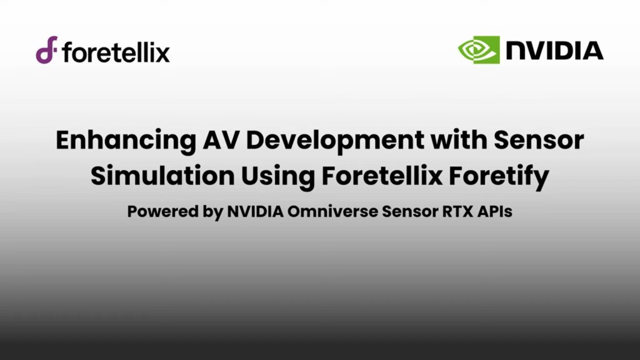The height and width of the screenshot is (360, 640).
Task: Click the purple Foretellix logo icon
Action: click(x=46, y=50)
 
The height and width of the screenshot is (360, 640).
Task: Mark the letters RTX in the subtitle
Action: click(x=447, y=211)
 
